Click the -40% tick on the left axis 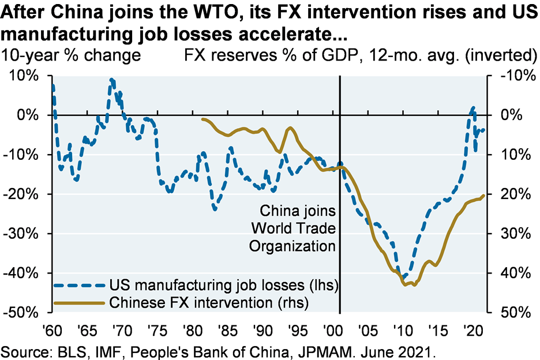point(21,273)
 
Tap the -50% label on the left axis point(21,312)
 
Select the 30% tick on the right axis point(509,234)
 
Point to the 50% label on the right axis point(509,312)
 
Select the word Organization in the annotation point(292,246)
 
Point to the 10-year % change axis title point(72,55)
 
